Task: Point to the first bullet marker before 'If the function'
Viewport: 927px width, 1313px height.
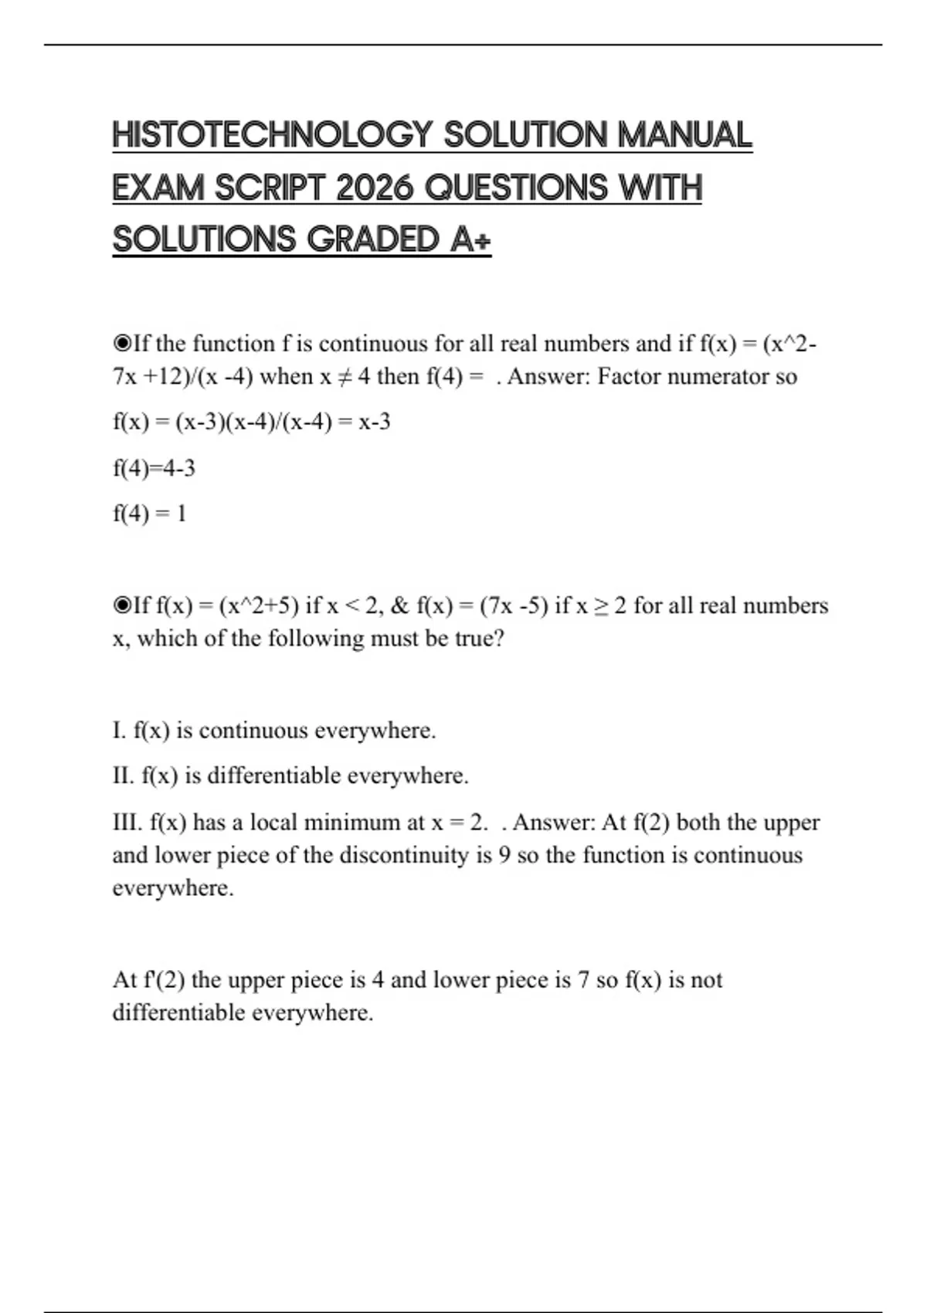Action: click(122, 343)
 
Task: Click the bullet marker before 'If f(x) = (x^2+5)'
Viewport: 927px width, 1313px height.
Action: click(122, 605)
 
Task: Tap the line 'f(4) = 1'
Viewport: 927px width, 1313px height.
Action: click(149, 514)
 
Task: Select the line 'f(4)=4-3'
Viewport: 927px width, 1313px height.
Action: click(154, 468)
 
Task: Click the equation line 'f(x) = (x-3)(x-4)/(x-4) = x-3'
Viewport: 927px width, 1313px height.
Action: click(251, 422)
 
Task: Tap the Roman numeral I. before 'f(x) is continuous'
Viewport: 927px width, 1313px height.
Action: click(119, 730)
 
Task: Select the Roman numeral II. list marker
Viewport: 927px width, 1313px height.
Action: click(123, 775)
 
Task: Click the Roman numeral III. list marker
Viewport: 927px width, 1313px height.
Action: click(127, 823)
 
